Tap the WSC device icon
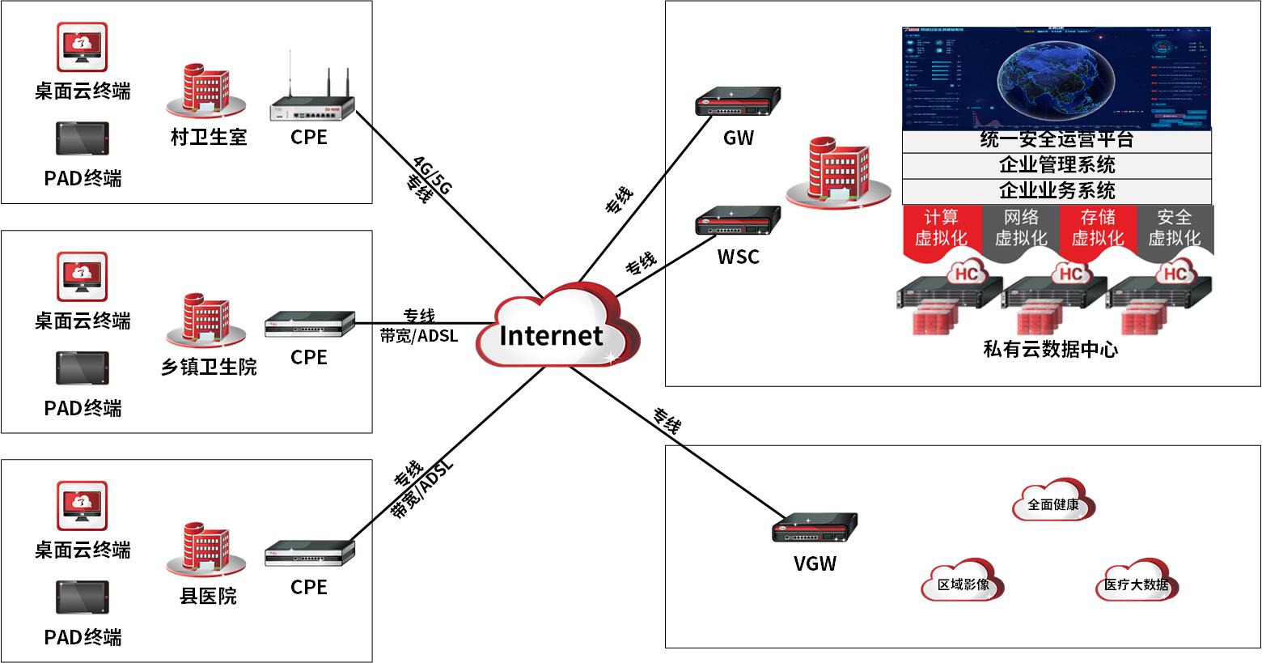click(738, 222)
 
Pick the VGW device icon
click(814, 528)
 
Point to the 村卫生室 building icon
click(206, 91)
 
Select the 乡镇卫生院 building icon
click(206, 321)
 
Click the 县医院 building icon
click(206, 551)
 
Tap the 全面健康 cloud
click(1053, 504)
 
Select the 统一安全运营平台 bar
click(1057, 140)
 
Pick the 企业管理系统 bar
click(1057, 165)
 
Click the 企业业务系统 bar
click(1057, 191)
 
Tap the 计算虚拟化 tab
click(941, 228)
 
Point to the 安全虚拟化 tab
click(1174, 228)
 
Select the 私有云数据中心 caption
click(1050, 349)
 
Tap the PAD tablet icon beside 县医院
click(82, 597)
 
